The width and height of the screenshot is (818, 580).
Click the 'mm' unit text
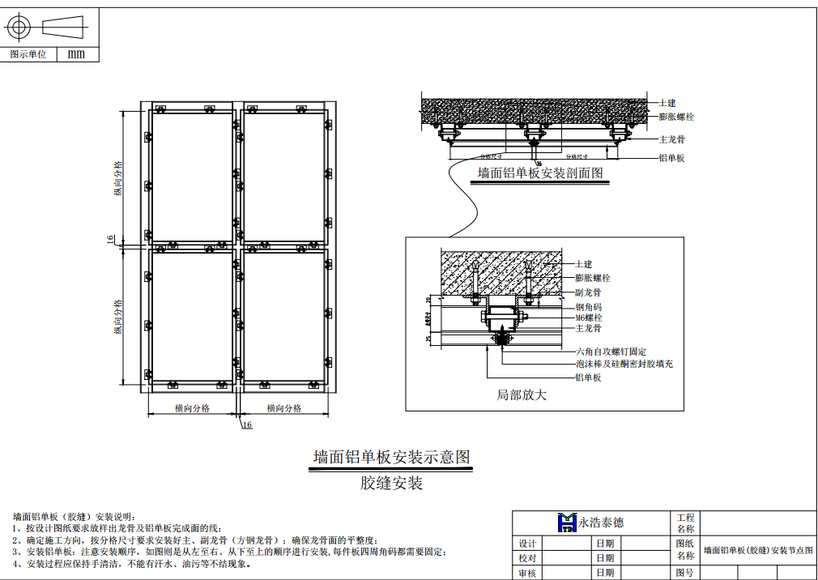pyautogui.click(x=75, y=54)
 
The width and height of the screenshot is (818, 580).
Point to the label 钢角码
pyautogui.click(x=588, y=308)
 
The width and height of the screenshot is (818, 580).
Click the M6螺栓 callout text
pyautogui.click(x=589, y=318)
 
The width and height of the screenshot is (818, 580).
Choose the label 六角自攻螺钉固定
pyautogui.click(x=611, y=352)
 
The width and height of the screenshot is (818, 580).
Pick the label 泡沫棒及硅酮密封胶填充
pyautogui.click(x=624, y=365)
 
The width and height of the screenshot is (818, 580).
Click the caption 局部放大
pyautogui.click(x=522, y=395)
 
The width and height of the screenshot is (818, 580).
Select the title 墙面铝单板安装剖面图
pyautogui.click(x=540, y=173)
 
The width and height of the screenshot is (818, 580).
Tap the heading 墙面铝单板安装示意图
pyautogui.click(x=391, y=457)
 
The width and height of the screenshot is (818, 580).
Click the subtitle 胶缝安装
pyautogui.click(x=391, y=484)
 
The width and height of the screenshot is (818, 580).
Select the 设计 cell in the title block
pyautogui.click(x=527, y=544)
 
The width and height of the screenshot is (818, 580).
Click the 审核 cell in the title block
pyautogui.click(x=527, y=574)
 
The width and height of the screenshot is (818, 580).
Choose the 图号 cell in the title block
pyautogui.click(x=684, y=574)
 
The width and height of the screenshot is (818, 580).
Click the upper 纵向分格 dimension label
pyautogui.click(x=118, y=178)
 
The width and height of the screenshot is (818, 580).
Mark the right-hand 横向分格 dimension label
pyautogui.click(x=283, y=409)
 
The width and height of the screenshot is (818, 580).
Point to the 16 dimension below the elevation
pyautogui.click(x=247, y=424)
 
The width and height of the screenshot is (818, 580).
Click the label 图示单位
pyautogui.click(x=28, y=54)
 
